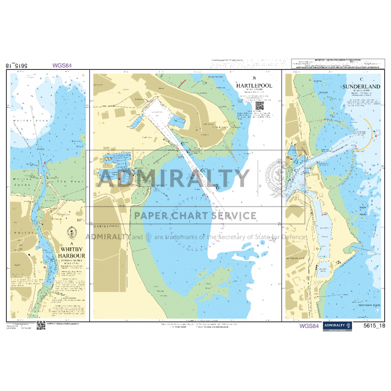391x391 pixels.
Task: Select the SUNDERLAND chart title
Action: point(363,87)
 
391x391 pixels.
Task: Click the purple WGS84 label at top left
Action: point(62,65)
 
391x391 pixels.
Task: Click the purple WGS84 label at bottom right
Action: point(309,326)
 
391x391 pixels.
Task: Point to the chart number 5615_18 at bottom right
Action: point(374,326)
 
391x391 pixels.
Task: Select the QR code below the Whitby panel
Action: point(41,325)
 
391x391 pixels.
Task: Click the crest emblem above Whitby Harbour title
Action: point(70,233)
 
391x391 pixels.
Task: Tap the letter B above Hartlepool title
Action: point(255,78)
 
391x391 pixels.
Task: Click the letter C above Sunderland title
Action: point(363,79)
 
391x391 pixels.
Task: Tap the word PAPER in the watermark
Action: point(148,216)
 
